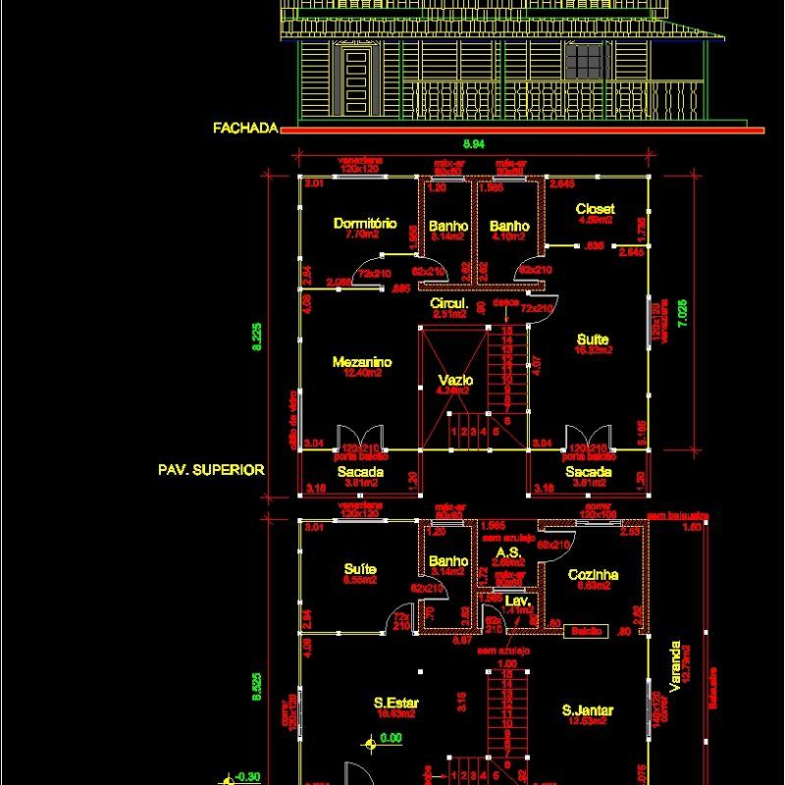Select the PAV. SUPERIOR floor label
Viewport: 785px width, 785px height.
[211, 470]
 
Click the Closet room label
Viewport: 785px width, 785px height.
[596, 209]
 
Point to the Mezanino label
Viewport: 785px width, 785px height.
[362, 362]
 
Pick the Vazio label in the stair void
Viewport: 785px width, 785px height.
[455, 380]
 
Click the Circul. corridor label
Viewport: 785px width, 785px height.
[448, 304]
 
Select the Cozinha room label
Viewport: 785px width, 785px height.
[593, 574]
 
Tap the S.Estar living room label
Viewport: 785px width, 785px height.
[397, 703]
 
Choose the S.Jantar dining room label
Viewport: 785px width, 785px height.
[588, 710]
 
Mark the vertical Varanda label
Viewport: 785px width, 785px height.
[674, 666]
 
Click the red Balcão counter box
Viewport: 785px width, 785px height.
[588, 631]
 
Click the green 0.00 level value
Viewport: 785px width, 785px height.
[392, 738]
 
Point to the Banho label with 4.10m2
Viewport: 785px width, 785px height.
[509, 226]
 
